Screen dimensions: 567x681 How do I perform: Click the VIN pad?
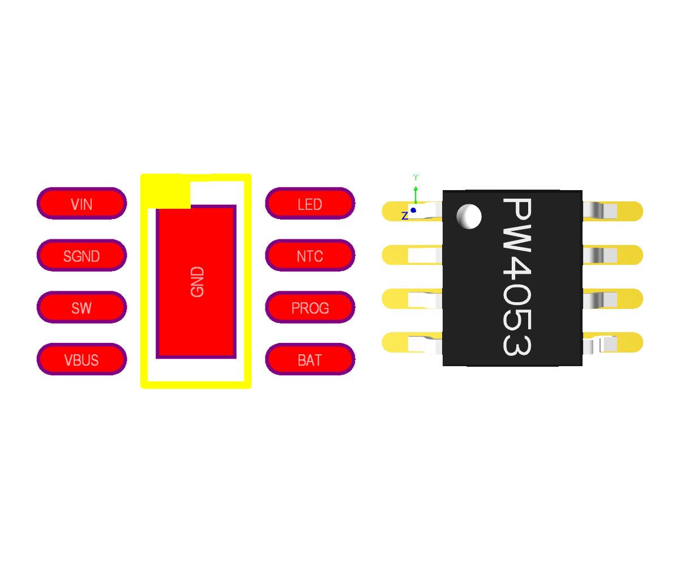click(x=82, y=204)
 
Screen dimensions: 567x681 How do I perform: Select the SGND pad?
click(x=82, y=256)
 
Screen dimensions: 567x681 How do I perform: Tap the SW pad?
click(x=82, y=308)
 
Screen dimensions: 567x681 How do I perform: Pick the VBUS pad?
click(x=82, y=359)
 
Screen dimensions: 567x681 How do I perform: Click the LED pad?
click(x=310, y=204)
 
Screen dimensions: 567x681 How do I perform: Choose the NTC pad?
click(x=310, y=256)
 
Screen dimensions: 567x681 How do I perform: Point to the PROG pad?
click(x=310, y=308)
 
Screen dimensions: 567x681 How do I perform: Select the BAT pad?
click(x=310, y=359)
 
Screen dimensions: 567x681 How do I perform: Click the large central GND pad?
click(x=196, y=282)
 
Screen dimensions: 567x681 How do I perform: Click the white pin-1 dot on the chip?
click(x=469, y=216)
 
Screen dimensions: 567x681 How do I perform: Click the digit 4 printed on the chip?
click(x=516, y=275)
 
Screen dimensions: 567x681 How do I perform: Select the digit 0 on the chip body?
click(x=516, y=307)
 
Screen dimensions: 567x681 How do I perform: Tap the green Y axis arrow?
click(x=416, y=192)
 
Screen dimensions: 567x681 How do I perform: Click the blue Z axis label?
click(x=405, y=216)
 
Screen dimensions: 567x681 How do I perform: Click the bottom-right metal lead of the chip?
click(x=600, y=343)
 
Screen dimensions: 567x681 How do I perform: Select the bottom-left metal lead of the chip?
click(x=425, y=343)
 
